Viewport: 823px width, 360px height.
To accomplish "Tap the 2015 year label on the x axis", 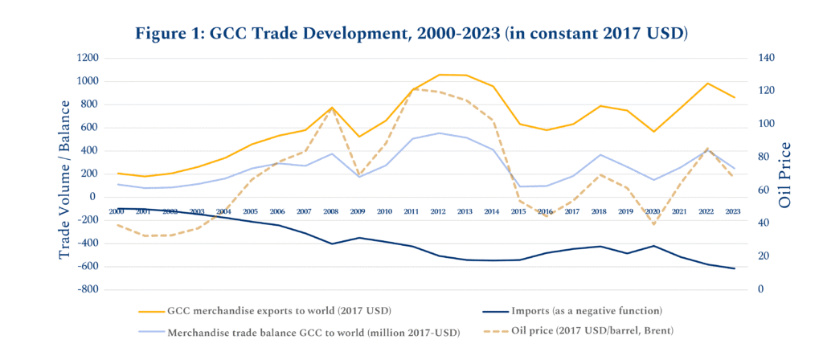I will pyautogui.click(x=519, y=211).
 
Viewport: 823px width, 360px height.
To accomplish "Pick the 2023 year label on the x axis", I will pyautogui.click(x=733, y=211).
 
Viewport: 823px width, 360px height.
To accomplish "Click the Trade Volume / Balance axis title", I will pyautogui.click(x=66, y=174).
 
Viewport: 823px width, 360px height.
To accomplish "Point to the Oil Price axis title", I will pyautogui.click(x=788, y=174).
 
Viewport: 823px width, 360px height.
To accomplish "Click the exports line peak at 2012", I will pyautogui.click(x=439, y=75).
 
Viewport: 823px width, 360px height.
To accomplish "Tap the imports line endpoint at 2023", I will pyautogui.click(x=733, y=268).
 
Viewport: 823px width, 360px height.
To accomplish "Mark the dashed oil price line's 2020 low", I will pyautogui.click(x=653, y=224).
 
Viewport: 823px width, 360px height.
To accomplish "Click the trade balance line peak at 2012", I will pyautogui.click(x=439, y=133).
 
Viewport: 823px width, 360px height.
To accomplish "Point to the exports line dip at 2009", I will pyautogui.click(x=358, y=137).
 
